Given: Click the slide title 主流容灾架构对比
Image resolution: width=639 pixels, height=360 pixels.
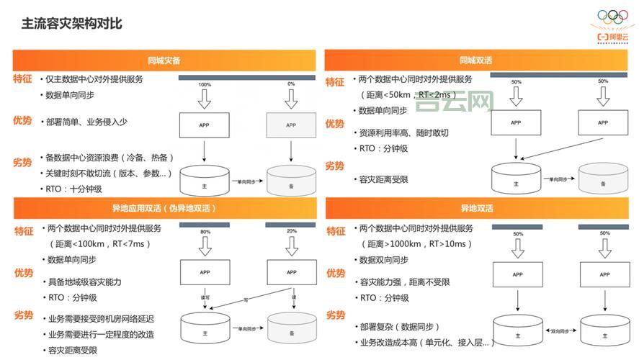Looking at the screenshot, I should (71, 24).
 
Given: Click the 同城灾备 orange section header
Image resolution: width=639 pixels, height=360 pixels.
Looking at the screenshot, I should (164, 60).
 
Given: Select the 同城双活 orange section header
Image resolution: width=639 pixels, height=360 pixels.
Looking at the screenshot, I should (476, 60).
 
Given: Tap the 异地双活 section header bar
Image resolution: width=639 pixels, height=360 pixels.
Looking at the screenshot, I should (476, 208).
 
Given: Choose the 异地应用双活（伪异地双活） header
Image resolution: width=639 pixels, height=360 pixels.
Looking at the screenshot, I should (164, 208).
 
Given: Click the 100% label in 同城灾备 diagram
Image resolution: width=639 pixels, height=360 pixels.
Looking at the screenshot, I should (204, 84).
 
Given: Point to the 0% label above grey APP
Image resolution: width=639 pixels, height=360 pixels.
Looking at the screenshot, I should (291, 84).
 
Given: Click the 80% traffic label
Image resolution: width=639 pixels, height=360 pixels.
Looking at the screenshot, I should (205, 232).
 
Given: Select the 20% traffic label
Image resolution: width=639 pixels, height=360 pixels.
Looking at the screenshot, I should (291, 232).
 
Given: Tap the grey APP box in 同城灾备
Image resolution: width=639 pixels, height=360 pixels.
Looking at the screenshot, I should (291, 125).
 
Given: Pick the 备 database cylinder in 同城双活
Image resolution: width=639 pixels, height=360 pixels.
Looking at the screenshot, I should (604, 180).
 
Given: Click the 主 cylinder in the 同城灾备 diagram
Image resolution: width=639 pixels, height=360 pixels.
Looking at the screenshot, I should (205, 181).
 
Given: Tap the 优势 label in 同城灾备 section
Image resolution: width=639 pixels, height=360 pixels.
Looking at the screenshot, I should (22, 121).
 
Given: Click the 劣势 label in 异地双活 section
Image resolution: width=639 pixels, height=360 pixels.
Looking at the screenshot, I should (335, 315).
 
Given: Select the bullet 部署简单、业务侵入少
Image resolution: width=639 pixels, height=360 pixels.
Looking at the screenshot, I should (86, 122).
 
